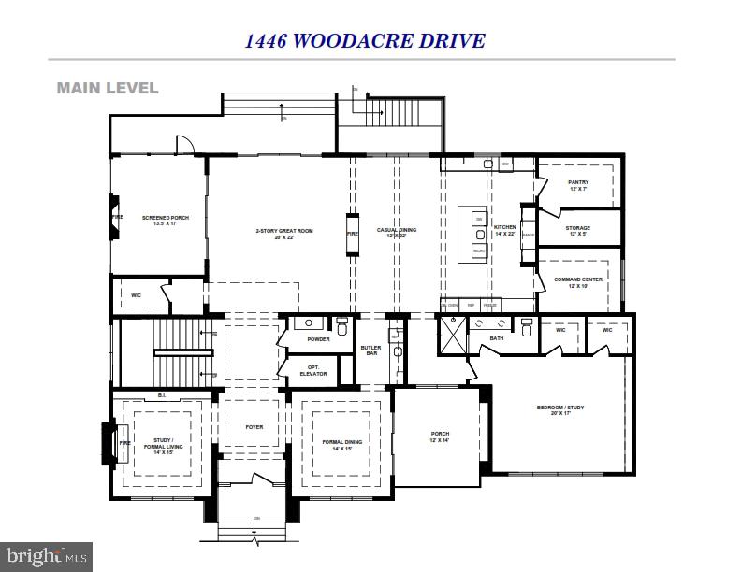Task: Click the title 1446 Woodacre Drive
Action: pyautogui.click(x=365, y=40)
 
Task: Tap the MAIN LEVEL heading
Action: pyautogui.click(x=108, y=88)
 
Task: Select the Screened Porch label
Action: pyautogui.click(x=165, y=221)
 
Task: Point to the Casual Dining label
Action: pyautogui.click(x=396, y=233)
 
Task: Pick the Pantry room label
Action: pyautogui.click(x=577, y=185)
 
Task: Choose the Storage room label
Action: pyautogui.click(x=577, y=231)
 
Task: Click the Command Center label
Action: pyautogui.click(x=577, y=282)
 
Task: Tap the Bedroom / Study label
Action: pyautogui.click(x=561, y=410)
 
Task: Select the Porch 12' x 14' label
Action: pyautogui.click(x=440, y=436)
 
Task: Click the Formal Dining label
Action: pyautogui.click(x=335, y=445)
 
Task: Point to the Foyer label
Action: pyautogui.click(x=254, y=427)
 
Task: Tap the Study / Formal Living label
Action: pyautogui.click(x=165, y=445)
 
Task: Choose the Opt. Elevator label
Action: pyautogui.click(x=313, y=370)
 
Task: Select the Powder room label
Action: pyautogui.click(x=318, y=339)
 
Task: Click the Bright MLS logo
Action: pyautogui.click(x=47, y=557)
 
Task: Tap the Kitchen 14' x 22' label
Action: pyautogui.click(x=505, y=230)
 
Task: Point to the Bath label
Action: pyautogui.click(x=496, y=338)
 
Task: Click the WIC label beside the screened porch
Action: pyautogui.click(x=136, y=295)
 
